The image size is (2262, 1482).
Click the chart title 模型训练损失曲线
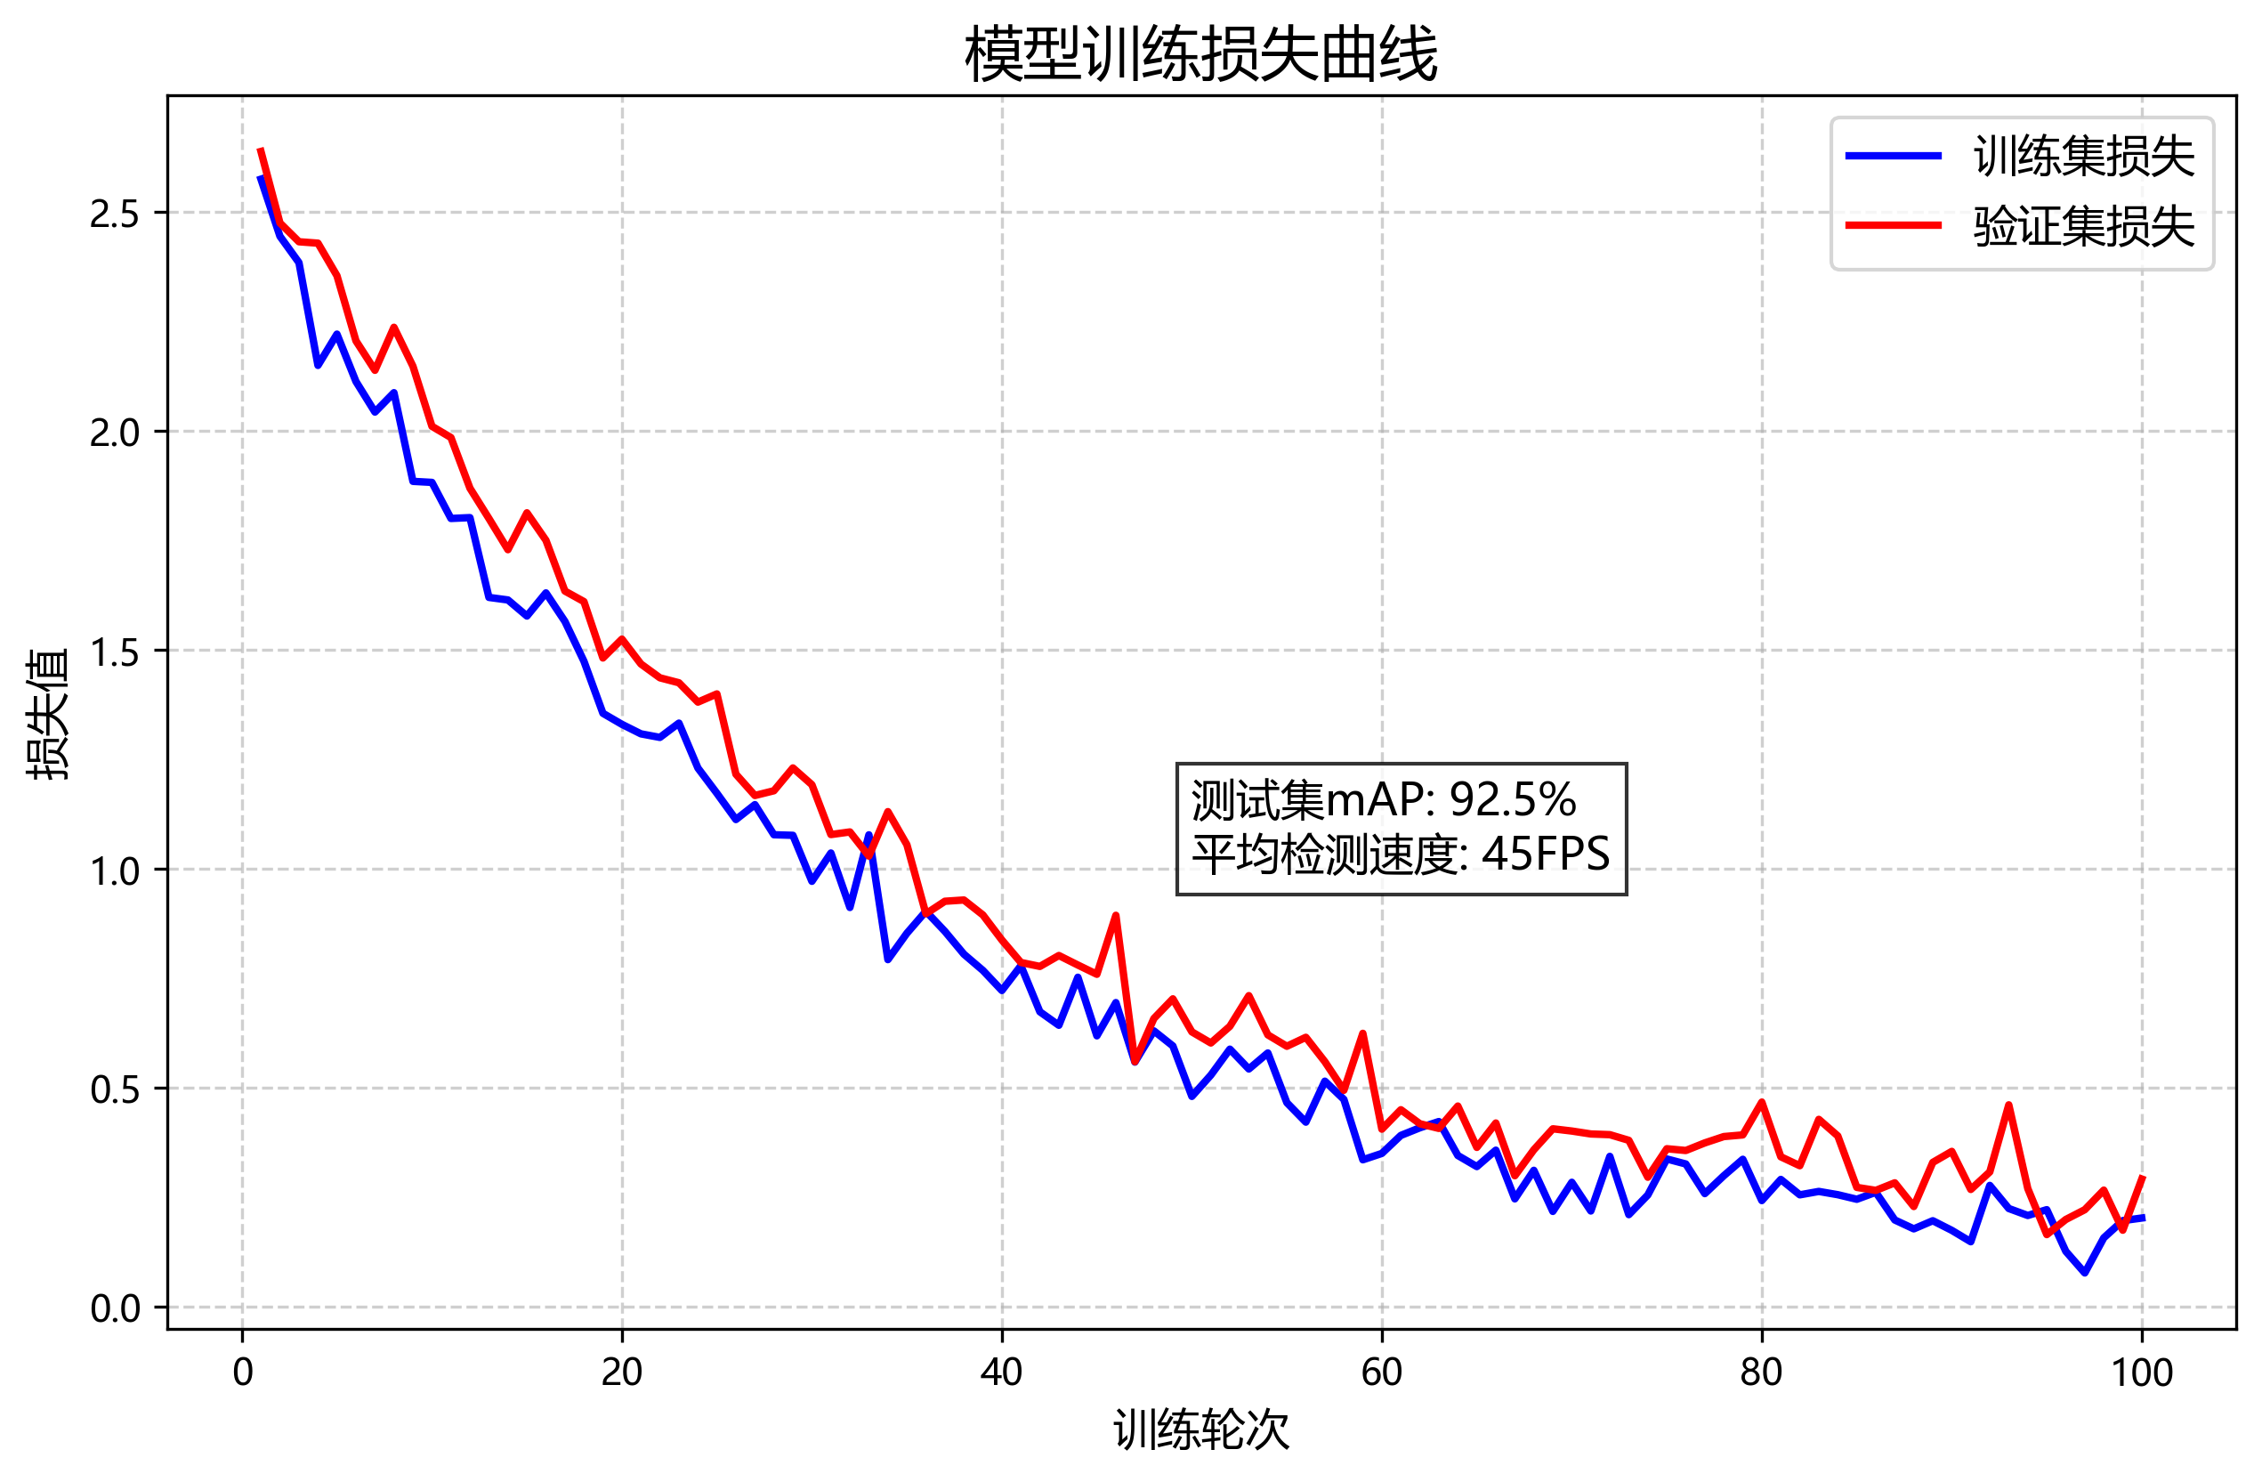tap(1201, 54)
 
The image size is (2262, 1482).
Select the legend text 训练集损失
tap(2083, 157)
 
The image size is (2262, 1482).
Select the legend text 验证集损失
tap(2083, 227)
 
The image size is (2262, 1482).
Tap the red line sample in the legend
tap(1894, 225)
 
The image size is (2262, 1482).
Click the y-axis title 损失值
tap(47, 714)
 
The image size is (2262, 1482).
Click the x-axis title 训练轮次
tap(1201, 1429)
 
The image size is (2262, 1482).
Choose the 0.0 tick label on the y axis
tap(115, 1309)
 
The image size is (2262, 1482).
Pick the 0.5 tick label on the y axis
tap(115, 1090)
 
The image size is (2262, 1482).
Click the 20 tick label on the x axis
tap(622, 1373)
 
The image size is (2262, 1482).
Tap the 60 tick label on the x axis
tap(1381, 1373)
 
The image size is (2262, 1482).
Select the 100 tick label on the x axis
tap(2140, 1373)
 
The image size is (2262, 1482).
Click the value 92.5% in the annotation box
tap(1512, 800)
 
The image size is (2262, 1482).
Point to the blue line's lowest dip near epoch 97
tap(2084, 1272)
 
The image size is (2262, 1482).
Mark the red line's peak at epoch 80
tap(1761, 1103)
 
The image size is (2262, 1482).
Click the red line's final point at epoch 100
tap(2142, 1177)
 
